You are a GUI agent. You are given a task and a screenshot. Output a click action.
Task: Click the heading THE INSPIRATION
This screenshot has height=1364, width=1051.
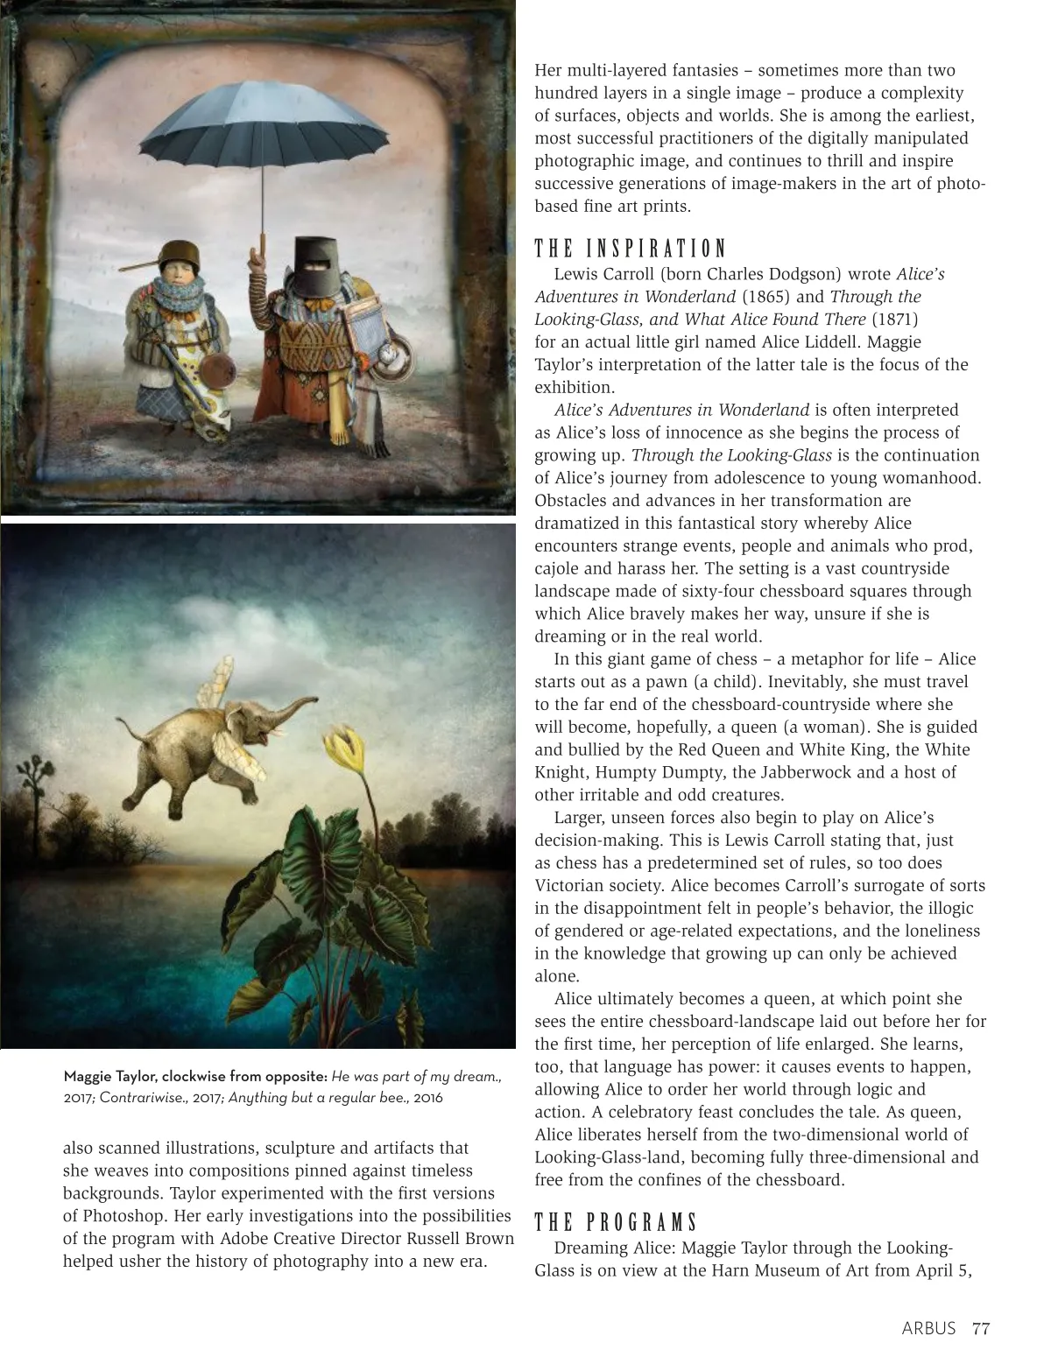pos(631,249)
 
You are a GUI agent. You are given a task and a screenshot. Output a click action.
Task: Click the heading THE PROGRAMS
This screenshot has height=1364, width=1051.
pos(617,1222)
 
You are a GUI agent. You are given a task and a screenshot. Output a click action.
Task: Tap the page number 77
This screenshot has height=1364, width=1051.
pos(981,1328)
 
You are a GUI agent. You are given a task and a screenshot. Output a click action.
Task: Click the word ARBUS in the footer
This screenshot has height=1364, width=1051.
pos(928,1328)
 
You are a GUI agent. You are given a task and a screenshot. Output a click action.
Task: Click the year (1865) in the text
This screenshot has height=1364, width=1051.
pos(766,297)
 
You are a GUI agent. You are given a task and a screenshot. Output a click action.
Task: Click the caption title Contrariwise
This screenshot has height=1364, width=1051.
pos(140,1098)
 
